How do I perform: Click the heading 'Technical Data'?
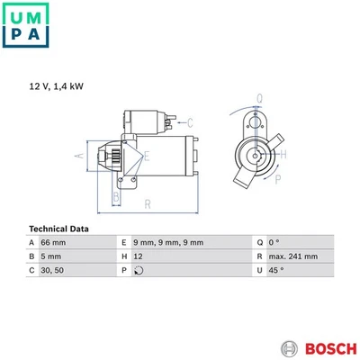pyautogui.click(x=59, y=229)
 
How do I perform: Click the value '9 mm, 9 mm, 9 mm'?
pyautogui.click(x=168, y=243)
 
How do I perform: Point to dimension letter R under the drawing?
pyautogui.click(x=147, y=204)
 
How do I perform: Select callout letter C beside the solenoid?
pyautogui.click(x=189, y=122)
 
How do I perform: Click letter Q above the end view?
pyautogui.click(x=259, y=98)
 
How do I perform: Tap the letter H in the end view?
pyautogui.click(x=284, y=155)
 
